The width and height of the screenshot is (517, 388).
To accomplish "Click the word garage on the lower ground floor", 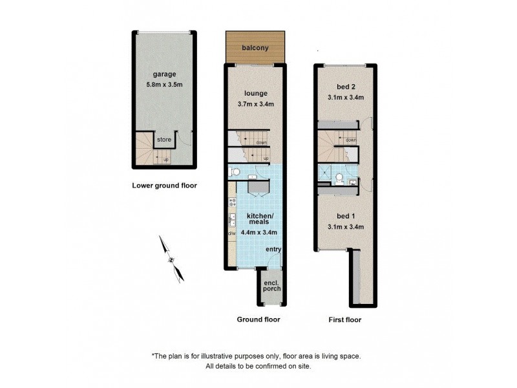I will pyautogui.click(x=164, y=75).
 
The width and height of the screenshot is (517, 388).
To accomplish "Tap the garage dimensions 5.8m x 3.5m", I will pyautogui.click(x=164, y=85).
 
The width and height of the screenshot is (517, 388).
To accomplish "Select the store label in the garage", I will pyautogui.click(x=164, y=139).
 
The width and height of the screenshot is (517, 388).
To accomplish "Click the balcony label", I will pyautogui.click(x=255, y=48).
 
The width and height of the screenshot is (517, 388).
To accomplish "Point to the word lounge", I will pyautogui.click(x=255, y=93).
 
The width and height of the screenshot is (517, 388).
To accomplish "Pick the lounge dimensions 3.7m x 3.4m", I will pyautogui.click(x=255, y=103).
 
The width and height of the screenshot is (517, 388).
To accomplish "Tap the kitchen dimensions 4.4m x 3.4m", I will pyautogui.click(x=258, y=232).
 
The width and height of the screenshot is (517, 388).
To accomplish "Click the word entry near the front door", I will pyautogui.click(x=273, y=250).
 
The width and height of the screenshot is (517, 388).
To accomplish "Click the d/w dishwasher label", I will pyautogui.click(x=231, y=233).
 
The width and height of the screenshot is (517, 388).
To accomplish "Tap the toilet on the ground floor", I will pyautogui.click(x=235, y=172).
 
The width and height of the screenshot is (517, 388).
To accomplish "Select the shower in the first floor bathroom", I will pyautogui.click(x=326, y=173).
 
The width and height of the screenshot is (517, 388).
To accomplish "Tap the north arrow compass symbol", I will pyautogui.click(x=171, y=259).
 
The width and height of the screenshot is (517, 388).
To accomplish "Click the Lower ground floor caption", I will pyautogui.click(x=164, y=186).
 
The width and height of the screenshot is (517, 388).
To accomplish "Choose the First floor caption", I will pyautogui.click(x=344, y=319).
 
